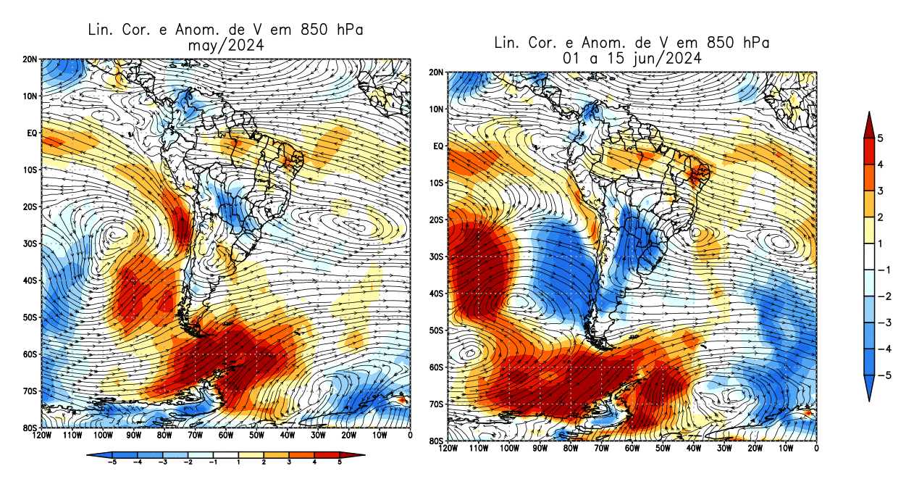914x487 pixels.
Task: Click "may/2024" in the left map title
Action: point(224,45)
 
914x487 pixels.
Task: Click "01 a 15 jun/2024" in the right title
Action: point(631,59)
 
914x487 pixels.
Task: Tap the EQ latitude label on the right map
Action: point(439,146)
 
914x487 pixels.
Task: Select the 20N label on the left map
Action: point(31,59)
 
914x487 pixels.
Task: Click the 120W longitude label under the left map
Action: point(42,436)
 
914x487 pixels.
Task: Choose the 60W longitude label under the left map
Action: point(225,436)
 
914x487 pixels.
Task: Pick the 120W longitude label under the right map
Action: point(448,449)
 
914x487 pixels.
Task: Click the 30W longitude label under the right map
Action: point(724,449)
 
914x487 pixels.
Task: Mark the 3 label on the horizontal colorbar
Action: point(290,462)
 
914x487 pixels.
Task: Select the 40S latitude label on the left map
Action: point(31,280)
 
